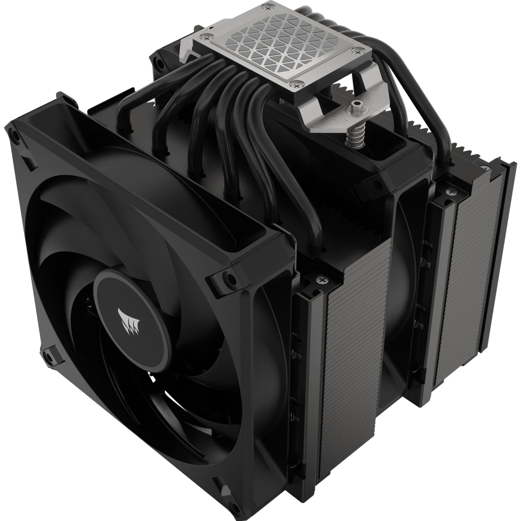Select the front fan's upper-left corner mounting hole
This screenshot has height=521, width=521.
click(x=16, y=136)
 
